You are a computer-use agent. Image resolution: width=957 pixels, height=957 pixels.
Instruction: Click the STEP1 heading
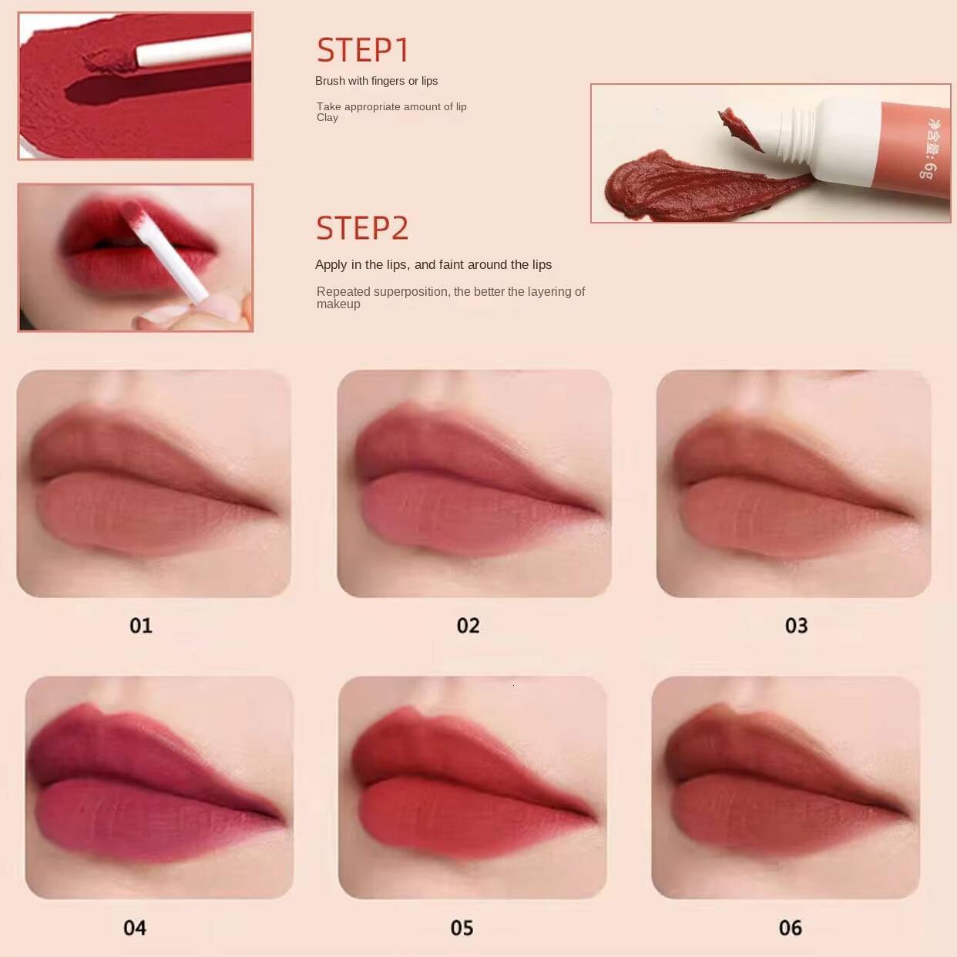(x=362, y=50)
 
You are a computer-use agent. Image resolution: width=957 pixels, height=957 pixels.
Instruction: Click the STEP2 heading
(x=362, y=228)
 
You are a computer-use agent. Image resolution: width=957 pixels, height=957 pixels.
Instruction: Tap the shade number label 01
(x=141, y=625)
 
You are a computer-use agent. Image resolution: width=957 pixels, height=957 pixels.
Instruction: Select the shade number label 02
(x=468, y=625)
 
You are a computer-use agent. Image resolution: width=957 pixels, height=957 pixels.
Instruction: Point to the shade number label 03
(x=796, y=625)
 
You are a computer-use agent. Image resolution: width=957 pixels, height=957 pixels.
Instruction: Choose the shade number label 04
(x=135, y=928)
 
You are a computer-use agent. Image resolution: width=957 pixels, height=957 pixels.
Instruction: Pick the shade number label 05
(x=462, y=928)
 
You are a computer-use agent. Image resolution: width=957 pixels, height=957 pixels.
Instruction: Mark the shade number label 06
(x=790, y=928)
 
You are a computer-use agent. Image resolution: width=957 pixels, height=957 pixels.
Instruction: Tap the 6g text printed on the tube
(x=928, y=170)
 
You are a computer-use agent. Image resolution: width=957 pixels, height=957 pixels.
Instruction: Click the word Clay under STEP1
(x=327, y=118)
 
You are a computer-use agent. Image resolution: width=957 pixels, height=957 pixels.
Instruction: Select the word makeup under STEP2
(x=338, y=304)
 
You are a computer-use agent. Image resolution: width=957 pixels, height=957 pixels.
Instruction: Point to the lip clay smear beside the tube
(x=678, y=185)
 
